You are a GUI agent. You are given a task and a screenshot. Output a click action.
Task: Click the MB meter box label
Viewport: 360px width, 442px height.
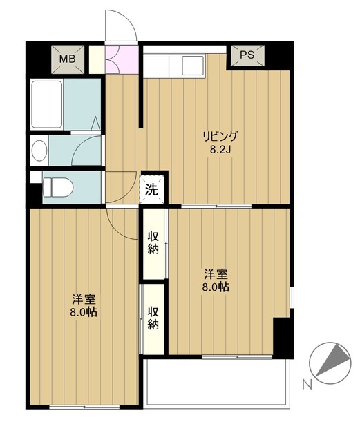pyautogui.click(x=66, y=59)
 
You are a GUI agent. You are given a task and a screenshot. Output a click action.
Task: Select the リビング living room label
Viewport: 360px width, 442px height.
pyautogui.click(x=220, y=135)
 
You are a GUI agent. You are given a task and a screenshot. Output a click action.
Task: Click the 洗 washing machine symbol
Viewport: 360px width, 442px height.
pyautogui.click(x=151, y=187)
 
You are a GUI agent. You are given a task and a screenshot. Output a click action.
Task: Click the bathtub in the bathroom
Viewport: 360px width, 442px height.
pyautogui.click(x=47, y=104)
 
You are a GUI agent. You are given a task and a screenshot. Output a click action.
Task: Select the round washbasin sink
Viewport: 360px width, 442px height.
pyautogui.click(x=40, y=149)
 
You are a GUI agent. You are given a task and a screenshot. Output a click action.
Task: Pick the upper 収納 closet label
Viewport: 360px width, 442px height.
pyautogui.click(x=153, y=243)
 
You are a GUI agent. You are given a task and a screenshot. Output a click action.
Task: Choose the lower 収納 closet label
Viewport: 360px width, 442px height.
pyautogui.click(x=153, y=317)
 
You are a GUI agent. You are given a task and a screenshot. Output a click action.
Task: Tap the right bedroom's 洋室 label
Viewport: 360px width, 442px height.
pyautogui.click(x=216, y=272)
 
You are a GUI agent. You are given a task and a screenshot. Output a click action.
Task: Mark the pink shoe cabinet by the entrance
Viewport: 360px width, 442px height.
pyautogui.click(x=111, y=59)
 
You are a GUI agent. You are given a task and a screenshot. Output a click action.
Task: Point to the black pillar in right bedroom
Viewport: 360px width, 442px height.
pyautogui.click(x=282, y=336)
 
